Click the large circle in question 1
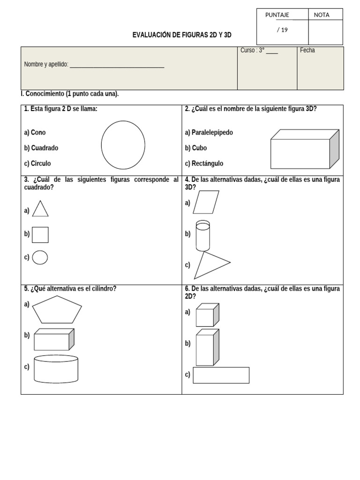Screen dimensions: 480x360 tap(123, 145)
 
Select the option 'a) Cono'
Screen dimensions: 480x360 tap(35, 133)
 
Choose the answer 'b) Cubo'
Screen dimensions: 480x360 tap(196, 148)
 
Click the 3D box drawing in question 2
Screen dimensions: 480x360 tap(304, 149)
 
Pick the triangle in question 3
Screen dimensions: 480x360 tap(40, 210)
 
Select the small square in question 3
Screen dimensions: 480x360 tap(40, 235)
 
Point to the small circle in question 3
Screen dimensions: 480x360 tap(40, 257)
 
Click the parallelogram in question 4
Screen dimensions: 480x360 tap(206, 202)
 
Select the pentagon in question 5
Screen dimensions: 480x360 tap(57, 310)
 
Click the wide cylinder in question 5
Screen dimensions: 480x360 tap(56, 368)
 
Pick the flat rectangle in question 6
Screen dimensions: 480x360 tap(221, 375)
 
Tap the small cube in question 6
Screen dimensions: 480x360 tap(207, 315)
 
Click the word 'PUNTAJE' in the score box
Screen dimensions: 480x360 tap(277, 15)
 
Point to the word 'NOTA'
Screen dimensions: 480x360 tap(322, 15)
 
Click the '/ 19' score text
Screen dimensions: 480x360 tap(282, 30)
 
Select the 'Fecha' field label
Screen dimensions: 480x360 tap(307, 51)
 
